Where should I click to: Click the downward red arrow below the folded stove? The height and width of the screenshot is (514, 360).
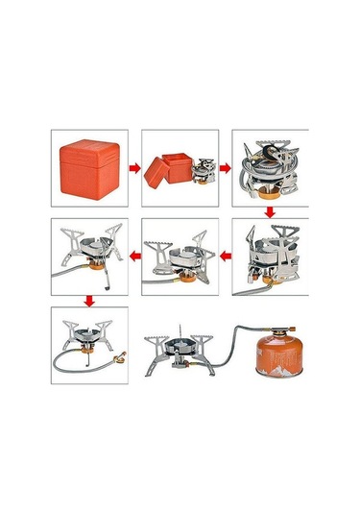tap(271, 209)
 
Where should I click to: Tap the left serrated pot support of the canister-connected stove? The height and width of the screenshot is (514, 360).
tap(156, 344)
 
